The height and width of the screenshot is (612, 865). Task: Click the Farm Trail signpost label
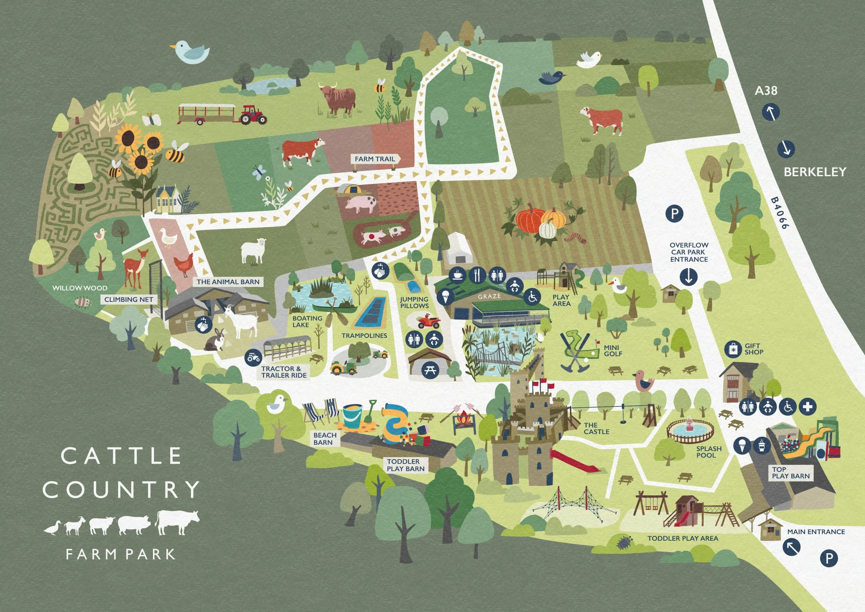[375, 159]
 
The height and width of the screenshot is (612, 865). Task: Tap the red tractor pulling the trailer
[253, 115]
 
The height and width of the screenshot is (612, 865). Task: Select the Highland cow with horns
[338, 99]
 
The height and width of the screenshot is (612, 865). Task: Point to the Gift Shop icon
[733, 349]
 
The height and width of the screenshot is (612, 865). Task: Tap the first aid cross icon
[807, 407]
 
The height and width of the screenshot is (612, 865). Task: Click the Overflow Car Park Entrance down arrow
[689, 277]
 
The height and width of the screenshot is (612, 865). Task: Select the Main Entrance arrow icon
[792, 547]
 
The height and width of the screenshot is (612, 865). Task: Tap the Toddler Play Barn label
[406, 465]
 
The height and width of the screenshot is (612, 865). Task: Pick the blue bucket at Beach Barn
[352, 416]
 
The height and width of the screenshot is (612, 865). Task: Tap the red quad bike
[429, 322]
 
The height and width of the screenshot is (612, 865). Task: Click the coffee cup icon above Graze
[458, 275]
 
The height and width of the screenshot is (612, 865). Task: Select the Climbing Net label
[129, 299]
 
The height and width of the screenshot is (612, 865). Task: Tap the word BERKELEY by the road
[815, 172]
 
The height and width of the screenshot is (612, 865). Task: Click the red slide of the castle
[574, 460]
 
